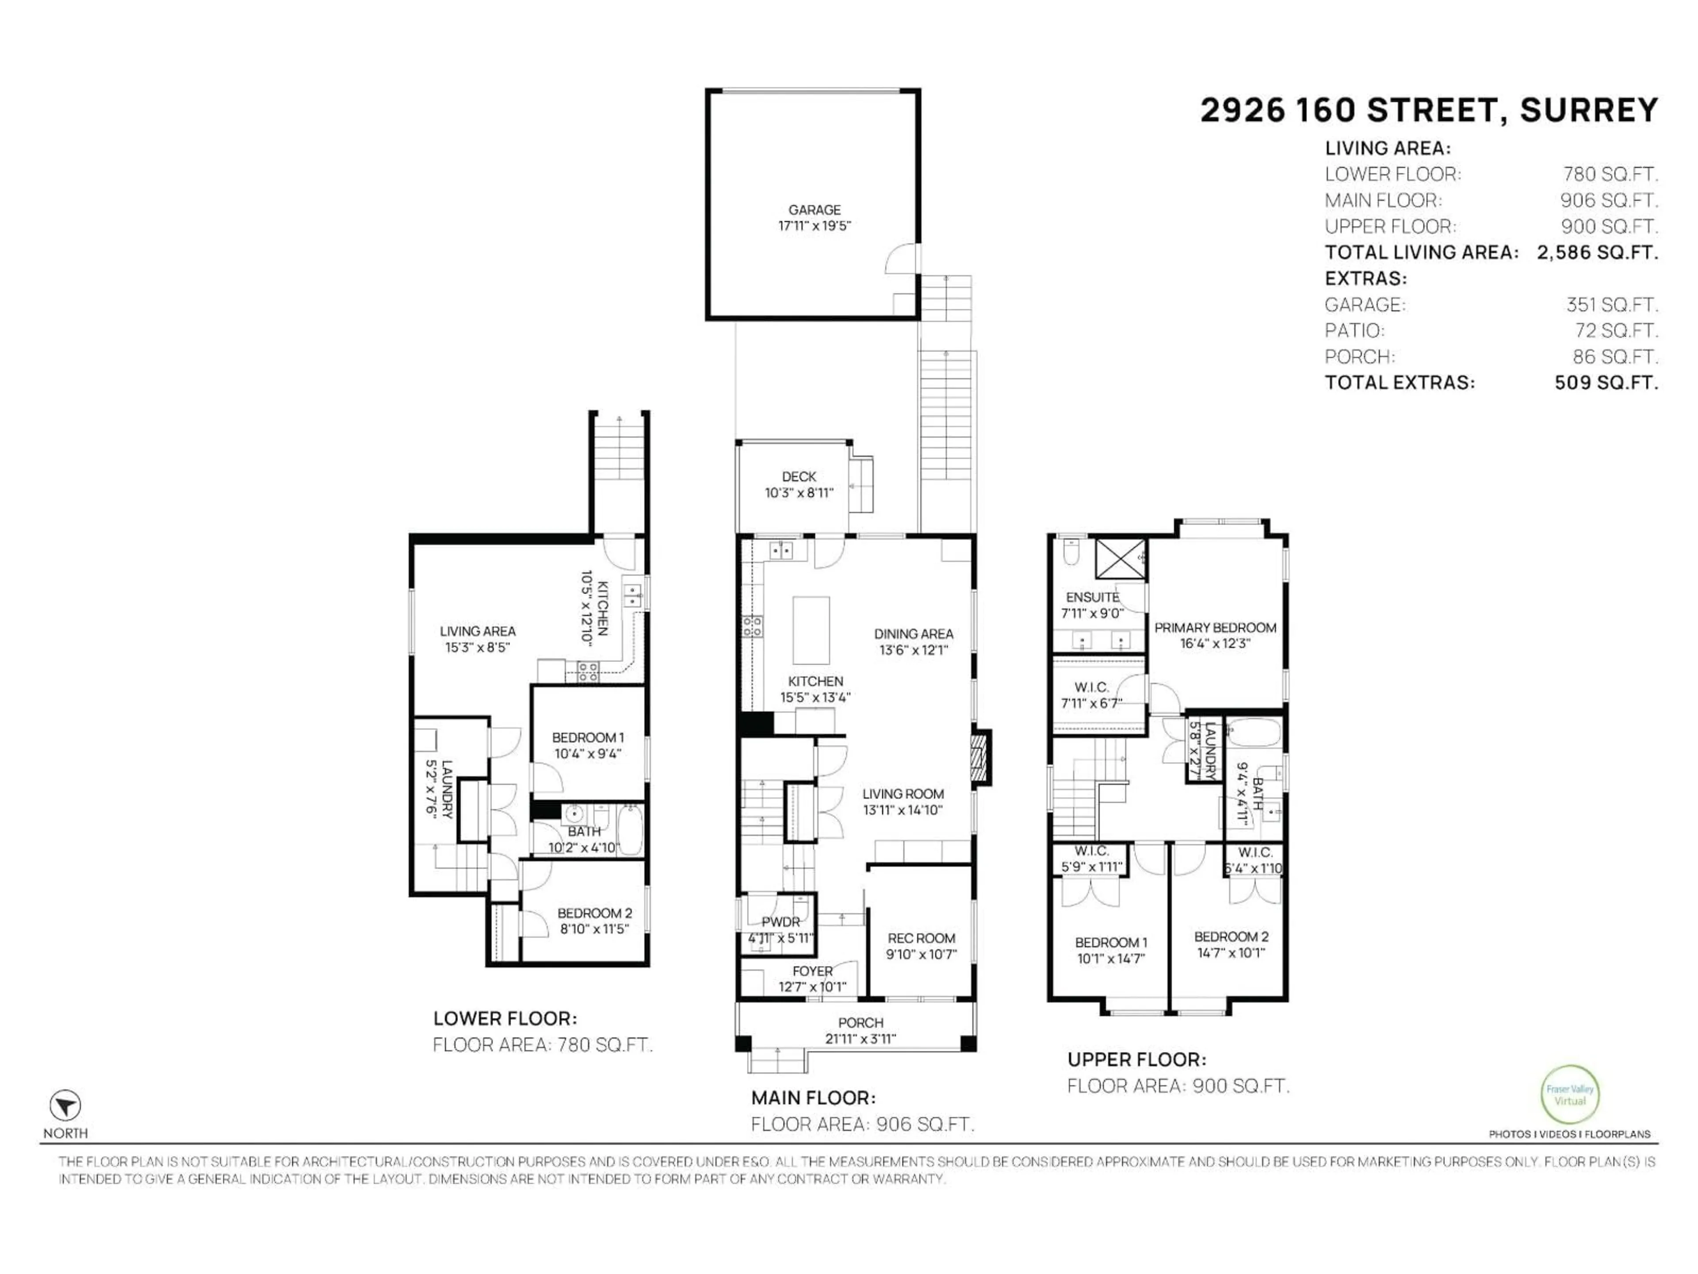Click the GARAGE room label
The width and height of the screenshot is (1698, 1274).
pyautogui.click(x=815, y=210)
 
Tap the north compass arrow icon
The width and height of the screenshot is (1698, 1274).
pyautogui.click(x=65, y=1106)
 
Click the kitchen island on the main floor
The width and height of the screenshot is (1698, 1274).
pyautogui.click(x=811, y=630)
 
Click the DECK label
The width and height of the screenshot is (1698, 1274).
pyautogui.click(x=799, y=477)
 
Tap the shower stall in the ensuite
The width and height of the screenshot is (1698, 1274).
pyautogui.click(x=1120, y=558)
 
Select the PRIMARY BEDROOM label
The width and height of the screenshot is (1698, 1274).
pyautogui.click(x=1215, y=627)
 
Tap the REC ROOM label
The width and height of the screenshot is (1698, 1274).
pyautogui.click(x=921, y=938)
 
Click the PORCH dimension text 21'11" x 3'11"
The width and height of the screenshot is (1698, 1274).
pyautogui.click(x=860, y=1039)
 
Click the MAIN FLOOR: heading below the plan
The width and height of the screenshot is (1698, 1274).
pyautogui.click(x=813, y=1097)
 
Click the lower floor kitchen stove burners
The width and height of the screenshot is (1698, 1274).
pyautogui.click(x=588, y=673)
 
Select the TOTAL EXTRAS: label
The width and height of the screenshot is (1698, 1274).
pyautogui.click(x=1400, y=383)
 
